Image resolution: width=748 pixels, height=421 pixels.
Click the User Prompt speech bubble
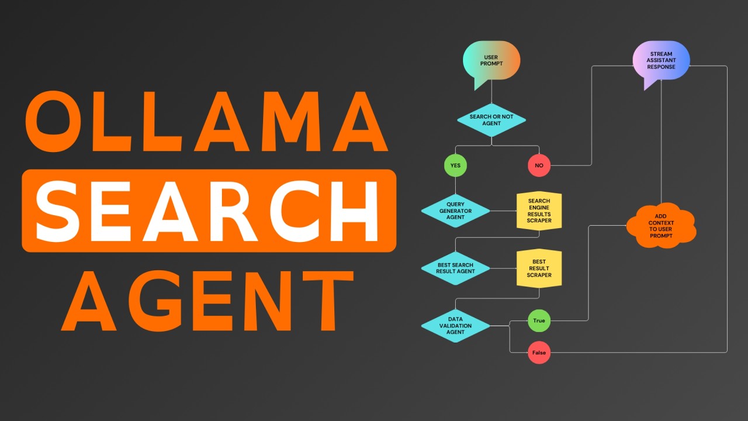[x=491, y=61]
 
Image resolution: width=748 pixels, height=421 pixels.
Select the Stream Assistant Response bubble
[x=661, y=60]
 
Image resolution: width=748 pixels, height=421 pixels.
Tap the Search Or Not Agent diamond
[x=491, y=120]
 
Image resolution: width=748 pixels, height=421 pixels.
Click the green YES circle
[x=455, y=165]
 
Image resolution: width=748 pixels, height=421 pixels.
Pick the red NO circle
[x=539, y=165]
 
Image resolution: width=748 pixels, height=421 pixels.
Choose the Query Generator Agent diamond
[x=455, y=211]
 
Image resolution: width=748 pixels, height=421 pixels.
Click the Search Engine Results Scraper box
[x=539, y=211]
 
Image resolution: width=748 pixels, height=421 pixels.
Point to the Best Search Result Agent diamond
[x=455, y=268]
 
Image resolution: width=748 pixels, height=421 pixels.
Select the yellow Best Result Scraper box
[x=539, y=268]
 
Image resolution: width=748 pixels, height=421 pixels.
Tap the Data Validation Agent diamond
[x=455, y=326]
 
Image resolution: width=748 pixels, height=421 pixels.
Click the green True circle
[x=539, y=320]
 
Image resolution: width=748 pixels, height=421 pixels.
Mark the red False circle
[x=539, y=353]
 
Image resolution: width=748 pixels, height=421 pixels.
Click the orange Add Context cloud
[x=661, y=226]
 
